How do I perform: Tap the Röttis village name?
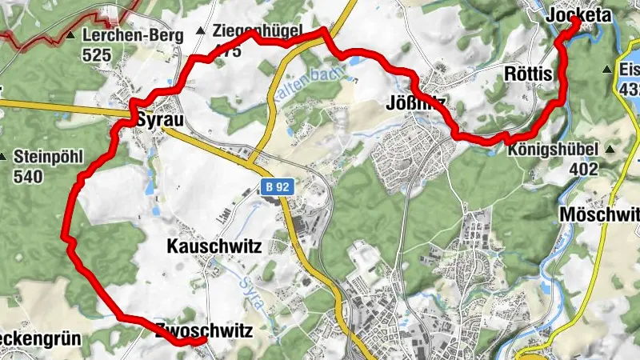click(x=529, y=74)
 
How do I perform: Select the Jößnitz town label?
click(x=415, y=102)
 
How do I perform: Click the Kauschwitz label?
click(x=214, y=247)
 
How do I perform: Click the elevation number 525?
click(x=96, y=55)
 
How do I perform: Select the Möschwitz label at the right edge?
click(x=600, y=215)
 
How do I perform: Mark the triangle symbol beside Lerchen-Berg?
click(x=72, y=35)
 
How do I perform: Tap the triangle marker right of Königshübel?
click(x=610, y=149)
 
